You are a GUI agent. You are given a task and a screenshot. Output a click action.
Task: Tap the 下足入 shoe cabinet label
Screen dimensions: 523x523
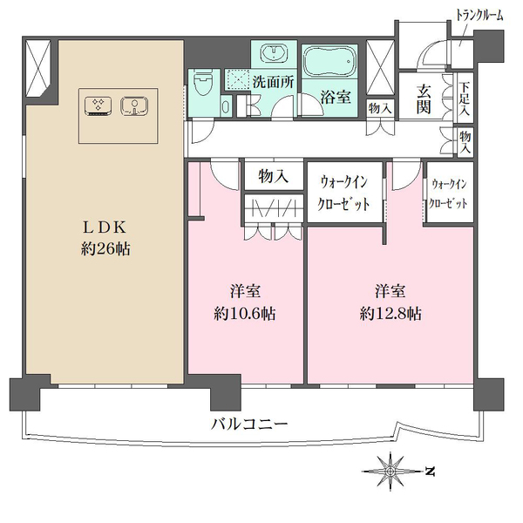465,99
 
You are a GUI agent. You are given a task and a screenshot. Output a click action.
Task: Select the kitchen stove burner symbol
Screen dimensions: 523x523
97,106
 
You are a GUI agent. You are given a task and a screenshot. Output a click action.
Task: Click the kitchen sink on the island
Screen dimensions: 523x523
132,106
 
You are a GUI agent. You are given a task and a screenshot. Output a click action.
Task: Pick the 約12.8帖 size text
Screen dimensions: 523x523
391,314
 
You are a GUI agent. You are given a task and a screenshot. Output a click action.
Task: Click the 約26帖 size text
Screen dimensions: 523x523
103,249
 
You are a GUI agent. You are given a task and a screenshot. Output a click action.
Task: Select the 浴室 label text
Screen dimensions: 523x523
336,97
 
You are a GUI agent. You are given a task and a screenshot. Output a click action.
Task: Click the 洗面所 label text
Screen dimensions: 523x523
273,83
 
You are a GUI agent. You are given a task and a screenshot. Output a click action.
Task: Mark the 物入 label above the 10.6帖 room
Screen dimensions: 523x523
275,176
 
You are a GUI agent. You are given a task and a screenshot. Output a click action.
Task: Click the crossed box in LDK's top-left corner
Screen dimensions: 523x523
39,67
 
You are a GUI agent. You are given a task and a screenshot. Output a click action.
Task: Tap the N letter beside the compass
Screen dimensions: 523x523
430,472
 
